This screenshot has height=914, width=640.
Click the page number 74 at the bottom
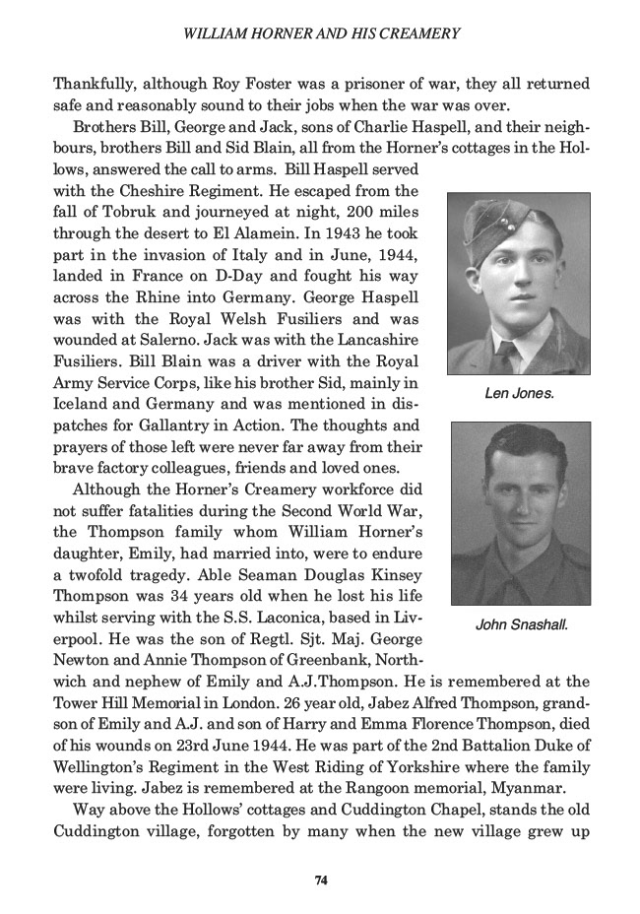pyautogui.click(x=320, y=880)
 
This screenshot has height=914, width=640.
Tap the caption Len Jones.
pyautogui.click(x=520, y=393)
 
